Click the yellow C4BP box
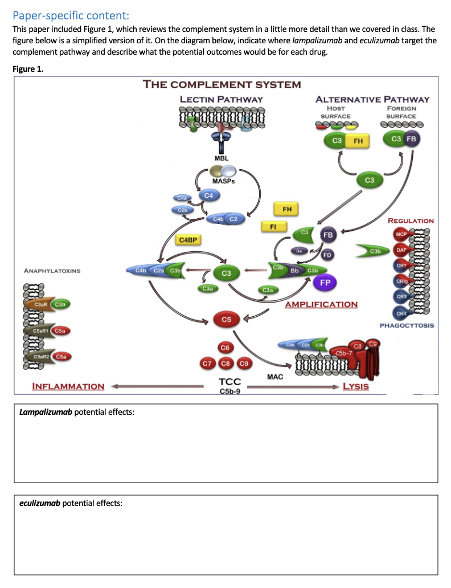click(188, 240)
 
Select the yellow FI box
click(273, 227)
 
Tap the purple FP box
click(325, 282)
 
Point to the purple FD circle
click(327, 255)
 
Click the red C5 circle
click(225, 320)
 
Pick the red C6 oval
click(225, 347)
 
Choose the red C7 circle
click(207, 363)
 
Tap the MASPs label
click(223, 181)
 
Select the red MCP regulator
click(401, 235)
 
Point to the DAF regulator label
click(401, 250)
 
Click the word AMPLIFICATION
click(321, 304)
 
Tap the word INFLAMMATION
click(68, 386)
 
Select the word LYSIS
click(355, 386)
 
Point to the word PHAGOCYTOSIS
click(407, 325)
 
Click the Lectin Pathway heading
click(222, 99)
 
